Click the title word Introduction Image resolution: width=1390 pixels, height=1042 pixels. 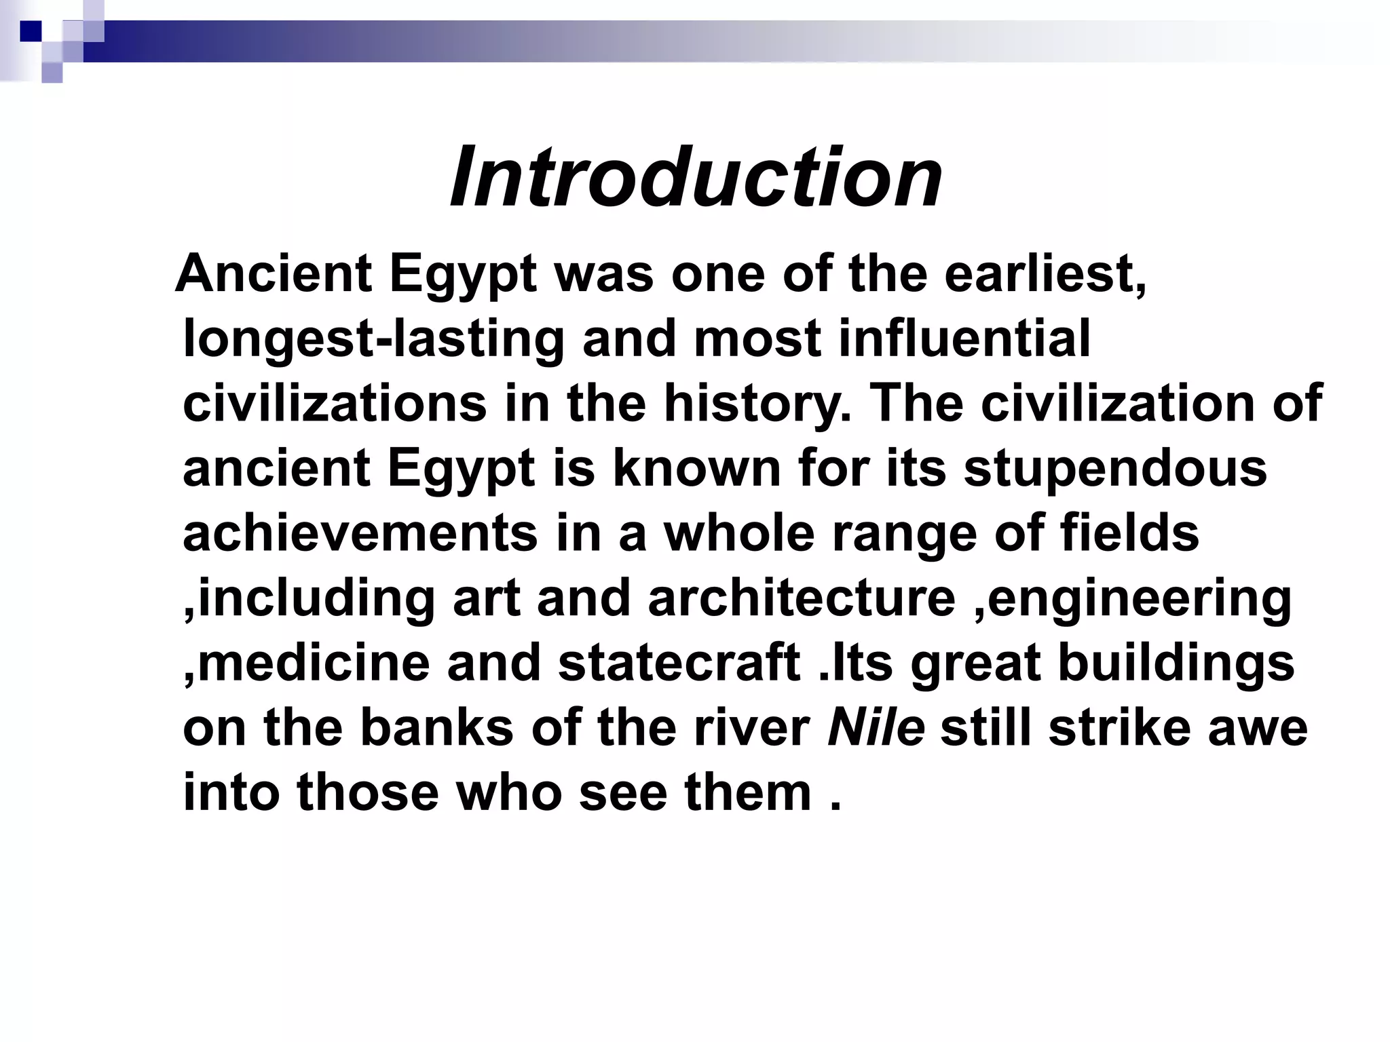[696, 178]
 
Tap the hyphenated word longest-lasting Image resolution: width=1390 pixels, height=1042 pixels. [373, 339]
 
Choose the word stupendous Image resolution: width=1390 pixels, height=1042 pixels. [1115, 468]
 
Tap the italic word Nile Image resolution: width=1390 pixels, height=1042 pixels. [876, 728]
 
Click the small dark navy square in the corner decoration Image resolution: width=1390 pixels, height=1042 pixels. [31, 31]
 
